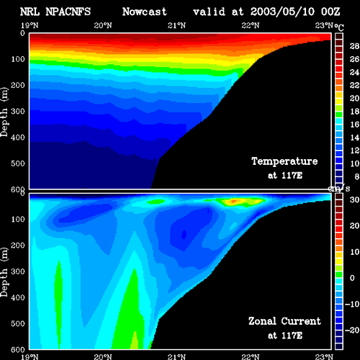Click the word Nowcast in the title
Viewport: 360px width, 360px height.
click(144, 12)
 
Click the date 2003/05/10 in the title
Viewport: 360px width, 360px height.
click(282, 12)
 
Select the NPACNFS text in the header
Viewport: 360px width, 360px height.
click(68, 12)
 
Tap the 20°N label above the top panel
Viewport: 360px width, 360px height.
click(103, 25)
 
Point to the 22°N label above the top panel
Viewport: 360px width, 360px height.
click(251, 25)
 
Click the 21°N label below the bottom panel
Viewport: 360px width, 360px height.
click(176, 357)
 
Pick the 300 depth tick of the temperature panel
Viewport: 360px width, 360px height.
click(18, 111)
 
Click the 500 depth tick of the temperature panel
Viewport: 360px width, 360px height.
click(18, 163)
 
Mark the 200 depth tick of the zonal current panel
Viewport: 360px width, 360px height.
click(18, 246)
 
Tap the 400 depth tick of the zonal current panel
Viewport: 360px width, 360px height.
click(18, 297)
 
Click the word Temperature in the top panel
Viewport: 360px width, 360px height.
click(284, 161)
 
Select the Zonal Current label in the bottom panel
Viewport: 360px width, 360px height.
click(284, 321)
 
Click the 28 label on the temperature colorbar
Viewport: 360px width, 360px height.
click(354, 46)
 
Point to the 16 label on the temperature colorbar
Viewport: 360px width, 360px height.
click(354, 125)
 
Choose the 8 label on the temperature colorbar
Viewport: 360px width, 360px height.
click(356, 176)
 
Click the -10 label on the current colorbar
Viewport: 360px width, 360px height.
click(352, 304)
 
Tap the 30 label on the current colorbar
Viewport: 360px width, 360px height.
click(354, 199)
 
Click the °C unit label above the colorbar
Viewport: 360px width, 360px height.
click(339, 27)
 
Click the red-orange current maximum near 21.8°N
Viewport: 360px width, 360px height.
click(233, 201)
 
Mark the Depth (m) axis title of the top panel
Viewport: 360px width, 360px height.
click(4, 112)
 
